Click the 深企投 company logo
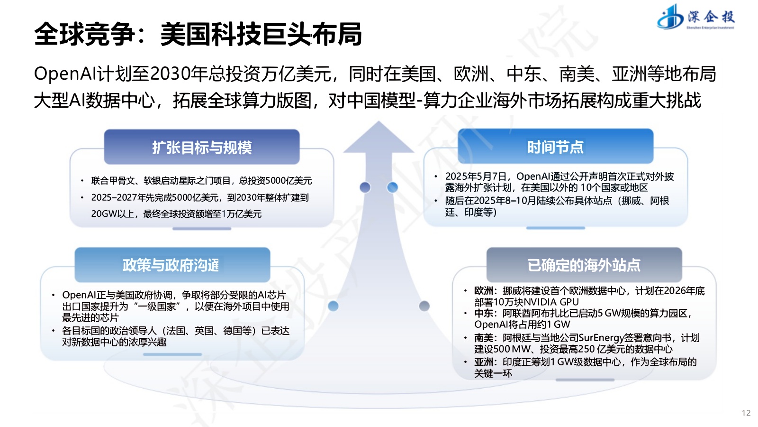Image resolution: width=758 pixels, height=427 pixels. click(x=695, y=18)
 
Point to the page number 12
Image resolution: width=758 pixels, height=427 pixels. click(x=746, y=413)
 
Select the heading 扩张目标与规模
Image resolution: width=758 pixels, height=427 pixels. click(x=202, y=148)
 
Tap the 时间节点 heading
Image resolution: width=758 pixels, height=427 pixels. click(x=555, y=147)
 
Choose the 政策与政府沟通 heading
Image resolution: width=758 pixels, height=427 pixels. click(x=171, y=265)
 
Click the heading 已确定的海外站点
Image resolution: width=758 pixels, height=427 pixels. click(x=584, y=265)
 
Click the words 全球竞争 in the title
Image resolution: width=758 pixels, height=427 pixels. click(x=84, y=34)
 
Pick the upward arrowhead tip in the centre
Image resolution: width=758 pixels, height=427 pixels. click(x=379, y=125)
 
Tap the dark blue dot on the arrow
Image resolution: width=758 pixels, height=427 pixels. click(x=365, y=187)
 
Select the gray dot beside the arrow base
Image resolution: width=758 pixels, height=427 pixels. click(x=424, y=306)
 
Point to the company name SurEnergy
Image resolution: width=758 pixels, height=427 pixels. click(x=602, y=338)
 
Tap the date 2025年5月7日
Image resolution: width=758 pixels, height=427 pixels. click(x=476, y=176)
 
